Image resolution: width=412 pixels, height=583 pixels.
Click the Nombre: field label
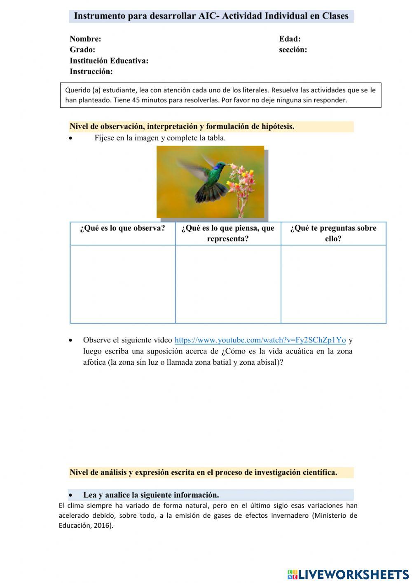tap(85, 39)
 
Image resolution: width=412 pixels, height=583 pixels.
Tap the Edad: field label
tap(290, 39)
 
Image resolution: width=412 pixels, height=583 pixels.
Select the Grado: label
tap(82, 50)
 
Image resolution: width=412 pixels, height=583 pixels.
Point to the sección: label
tap(293, 50)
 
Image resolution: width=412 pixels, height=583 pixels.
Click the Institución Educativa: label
tap(109, 61)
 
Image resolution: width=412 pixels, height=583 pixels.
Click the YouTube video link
tap(260, 340)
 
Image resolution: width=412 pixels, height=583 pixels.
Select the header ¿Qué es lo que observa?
tap(122, 228)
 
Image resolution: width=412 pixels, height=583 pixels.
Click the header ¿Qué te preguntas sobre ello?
tap(333, 233)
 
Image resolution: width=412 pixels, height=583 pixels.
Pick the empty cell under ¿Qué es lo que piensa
tap(228, 284)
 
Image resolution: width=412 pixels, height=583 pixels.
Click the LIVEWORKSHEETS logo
tap(348, 574)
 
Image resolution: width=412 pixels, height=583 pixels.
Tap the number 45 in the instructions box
tap(136, 100)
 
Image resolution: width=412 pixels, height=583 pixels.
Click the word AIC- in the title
tap(209, 16)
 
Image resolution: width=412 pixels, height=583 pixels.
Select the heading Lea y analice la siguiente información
tap(151, 495)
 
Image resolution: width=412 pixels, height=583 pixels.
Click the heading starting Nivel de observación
tap(182, 127)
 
